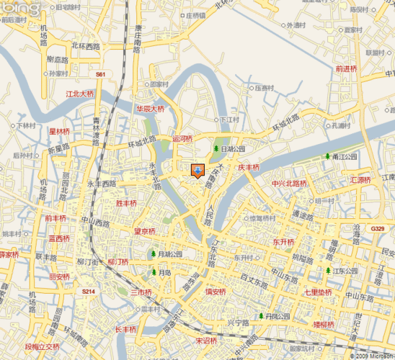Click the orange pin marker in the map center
point(197,171)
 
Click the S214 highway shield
point(87,292)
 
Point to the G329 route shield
point(378,228)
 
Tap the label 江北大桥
point(79,94)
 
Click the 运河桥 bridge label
point(182,138)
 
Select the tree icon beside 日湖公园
point(216,148)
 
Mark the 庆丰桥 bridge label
point(248,167)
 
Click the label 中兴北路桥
point(290,183)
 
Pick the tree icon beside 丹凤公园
point(261,316)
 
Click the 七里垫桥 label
point(317,292)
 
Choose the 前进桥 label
point(346,68)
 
